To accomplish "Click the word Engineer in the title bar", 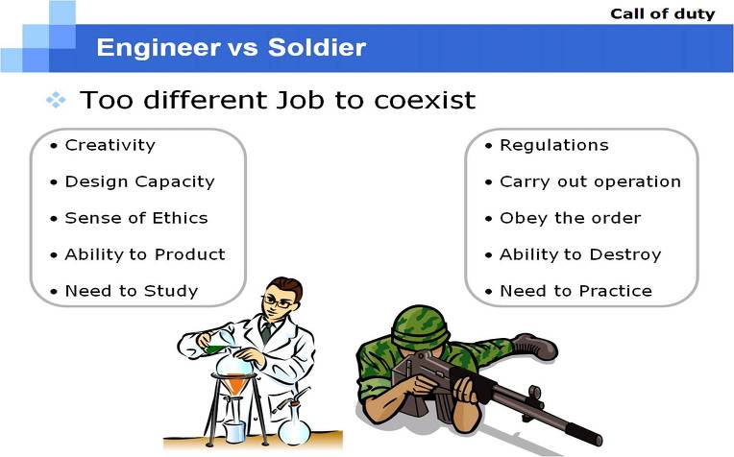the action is point(159,47).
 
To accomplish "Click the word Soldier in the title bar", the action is point(317,47).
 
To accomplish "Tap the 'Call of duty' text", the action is point(662,13).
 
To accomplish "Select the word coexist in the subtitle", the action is point(425,100).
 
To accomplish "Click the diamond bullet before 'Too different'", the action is point(56,100).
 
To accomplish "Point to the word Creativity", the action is point(110,146).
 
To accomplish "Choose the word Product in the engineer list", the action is point(190,254).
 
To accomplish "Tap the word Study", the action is point(171,292).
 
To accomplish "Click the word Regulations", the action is point(554,146).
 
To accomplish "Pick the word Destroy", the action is point(625,255).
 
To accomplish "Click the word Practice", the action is point(616,291).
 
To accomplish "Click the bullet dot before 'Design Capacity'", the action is point(54,182).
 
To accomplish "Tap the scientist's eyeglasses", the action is point(278,301).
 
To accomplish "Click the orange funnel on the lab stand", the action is point(235,385).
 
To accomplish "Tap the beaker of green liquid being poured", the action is point(218,343).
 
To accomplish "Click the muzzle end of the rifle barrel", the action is point(595,438).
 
